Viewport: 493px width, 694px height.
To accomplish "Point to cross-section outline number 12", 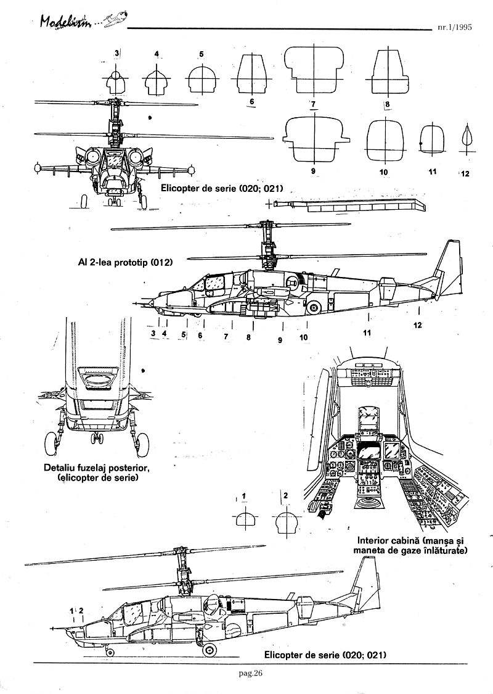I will pos(466,138).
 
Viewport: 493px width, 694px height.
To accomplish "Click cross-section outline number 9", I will pos(314,137).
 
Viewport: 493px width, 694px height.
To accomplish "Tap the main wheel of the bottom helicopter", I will pos(210,648).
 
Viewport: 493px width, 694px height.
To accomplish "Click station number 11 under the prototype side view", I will pos(367,333).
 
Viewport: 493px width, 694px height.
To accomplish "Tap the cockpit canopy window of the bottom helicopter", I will pos(131,612).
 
